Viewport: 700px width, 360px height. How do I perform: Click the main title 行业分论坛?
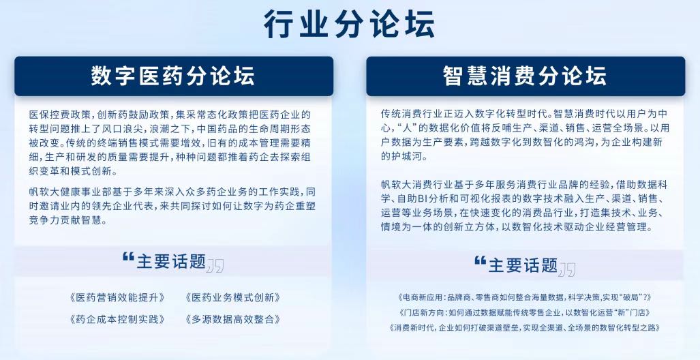coord(349,24)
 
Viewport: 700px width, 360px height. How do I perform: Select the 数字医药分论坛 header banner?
coord(174,76)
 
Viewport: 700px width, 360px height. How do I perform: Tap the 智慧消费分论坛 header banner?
coord(526,76)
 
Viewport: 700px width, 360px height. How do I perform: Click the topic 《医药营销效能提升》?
coord(117,297)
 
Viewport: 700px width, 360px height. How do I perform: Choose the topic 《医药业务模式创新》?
coord(232,297)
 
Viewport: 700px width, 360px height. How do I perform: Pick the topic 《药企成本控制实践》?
coord(117,319)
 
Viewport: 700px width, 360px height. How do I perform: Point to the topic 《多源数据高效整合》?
coord(232,319)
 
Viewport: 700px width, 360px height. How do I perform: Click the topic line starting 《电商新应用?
coord(525,297)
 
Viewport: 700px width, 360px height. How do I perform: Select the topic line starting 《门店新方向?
coord(525,312)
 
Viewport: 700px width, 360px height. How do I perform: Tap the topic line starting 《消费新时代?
coord(525,327)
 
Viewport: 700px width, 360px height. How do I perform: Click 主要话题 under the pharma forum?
coord(171,262)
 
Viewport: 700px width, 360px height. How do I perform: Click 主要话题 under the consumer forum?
coord(523,265)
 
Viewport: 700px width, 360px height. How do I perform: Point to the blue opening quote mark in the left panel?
coord(129,257)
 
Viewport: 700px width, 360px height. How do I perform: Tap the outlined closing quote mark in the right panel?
coord(567,269)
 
